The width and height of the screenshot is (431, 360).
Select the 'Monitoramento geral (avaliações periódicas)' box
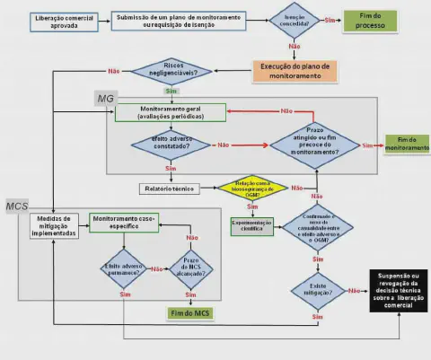(x=170, y=113)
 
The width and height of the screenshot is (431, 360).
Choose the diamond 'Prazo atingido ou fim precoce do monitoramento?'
(x=314, y=144)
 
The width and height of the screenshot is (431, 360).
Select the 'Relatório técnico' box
(x=169, y=189)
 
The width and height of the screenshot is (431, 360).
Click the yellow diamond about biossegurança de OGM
(x=255, y=189)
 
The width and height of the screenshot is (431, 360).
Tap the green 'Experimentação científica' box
(x=252, y=226)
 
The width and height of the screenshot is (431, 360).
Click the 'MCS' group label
(x=19, y=206)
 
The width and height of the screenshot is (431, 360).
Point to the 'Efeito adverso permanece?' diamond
(x=123, y=268)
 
